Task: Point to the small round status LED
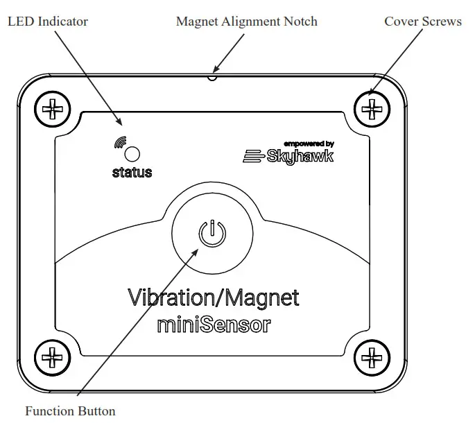tap(132, 154)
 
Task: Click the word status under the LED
tap(132, 173)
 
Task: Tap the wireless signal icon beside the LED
tap(118, 144)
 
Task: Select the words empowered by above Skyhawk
tap(309, 144)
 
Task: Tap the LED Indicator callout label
tap(48, 21)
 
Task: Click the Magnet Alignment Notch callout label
tap(246, 21)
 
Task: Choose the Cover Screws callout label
tap(422, 21)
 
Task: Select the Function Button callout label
tap(70, 411)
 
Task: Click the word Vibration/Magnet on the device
tap(214, 297)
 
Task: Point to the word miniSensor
tap(214, 324)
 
